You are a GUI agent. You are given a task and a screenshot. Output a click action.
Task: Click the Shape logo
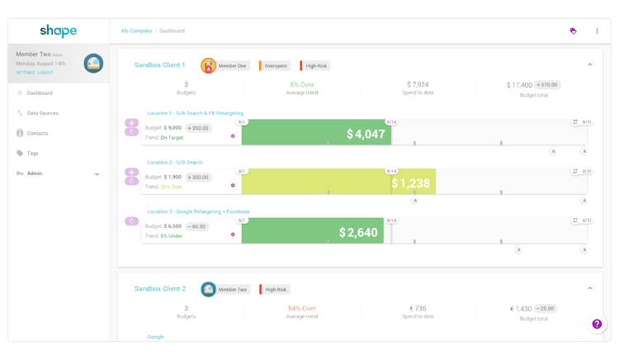tap(58, 31)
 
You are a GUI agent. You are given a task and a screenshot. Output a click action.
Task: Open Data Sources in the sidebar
tap(42, 113)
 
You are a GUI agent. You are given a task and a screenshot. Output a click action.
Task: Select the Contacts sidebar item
tap(37, 133)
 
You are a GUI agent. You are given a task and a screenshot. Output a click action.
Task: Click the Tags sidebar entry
tap(32, 153)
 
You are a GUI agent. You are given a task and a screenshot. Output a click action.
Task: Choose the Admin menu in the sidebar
tap(35, 173)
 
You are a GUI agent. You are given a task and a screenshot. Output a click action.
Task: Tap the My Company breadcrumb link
tap(136, 31)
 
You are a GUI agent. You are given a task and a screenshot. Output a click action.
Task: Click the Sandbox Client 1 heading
tap(160, 64)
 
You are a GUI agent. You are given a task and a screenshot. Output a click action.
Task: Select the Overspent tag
tap(276, 65)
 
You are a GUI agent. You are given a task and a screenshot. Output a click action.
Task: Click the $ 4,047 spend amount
tap(366, 134)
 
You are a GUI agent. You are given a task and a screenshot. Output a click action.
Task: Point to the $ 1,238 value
tap(410, 183)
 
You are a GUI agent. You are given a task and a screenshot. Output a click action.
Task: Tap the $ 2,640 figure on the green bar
tap(358, 233)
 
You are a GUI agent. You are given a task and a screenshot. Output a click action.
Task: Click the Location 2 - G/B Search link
tap(175, 163)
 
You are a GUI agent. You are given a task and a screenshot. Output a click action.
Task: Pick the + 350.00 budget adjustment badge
tap(198, 128)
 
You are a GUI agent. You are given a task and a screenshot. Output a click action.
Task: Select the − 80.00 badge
tap(196, 226)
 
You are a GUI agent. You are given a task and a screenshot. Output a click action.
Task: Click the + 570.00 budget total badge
tap(546, 85)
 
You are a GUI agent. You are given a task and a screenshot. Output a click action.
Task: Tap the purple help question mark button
tap(597, 324)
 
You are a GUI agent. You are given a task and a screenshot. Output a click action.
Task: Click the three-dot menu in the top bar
tap(597, 31)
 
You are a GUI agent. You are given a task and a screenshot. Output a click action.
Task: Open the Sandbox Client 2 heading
tap(160, 289)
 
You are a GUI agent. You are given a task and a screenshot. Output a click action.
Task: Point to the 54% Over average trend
tap(302, 309)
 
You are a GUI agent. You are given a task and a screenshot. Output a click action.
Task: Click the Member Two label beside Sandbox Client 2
tap(233, 290)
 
